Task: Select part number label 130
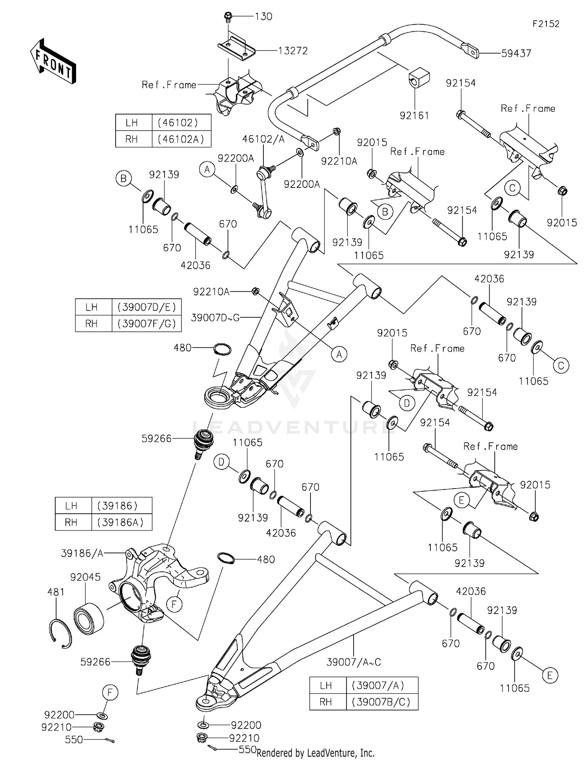point(263,16)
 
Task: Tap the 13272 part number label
point(293,51)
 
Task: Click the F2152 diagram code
point(546,24)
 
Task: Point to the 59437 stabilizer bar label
point(516,53)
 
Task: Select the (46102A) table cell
point(181,139)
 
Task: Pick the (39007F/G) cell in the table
point(147,324)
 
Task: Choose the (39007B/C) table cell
point(382,702)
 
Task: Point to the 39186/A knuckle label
point(82,553)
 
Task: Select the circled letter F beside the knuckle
point(174,604)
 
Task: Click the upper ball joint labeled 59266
point(203,441)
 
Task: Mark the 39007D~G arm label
point(215,318)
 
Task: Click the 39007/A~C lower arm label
point(354,662)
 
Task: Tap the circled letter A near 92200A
point(207,169)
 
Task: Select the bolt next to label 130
point(228,16)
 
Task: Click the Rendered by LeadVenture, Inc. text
point(316,753)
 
